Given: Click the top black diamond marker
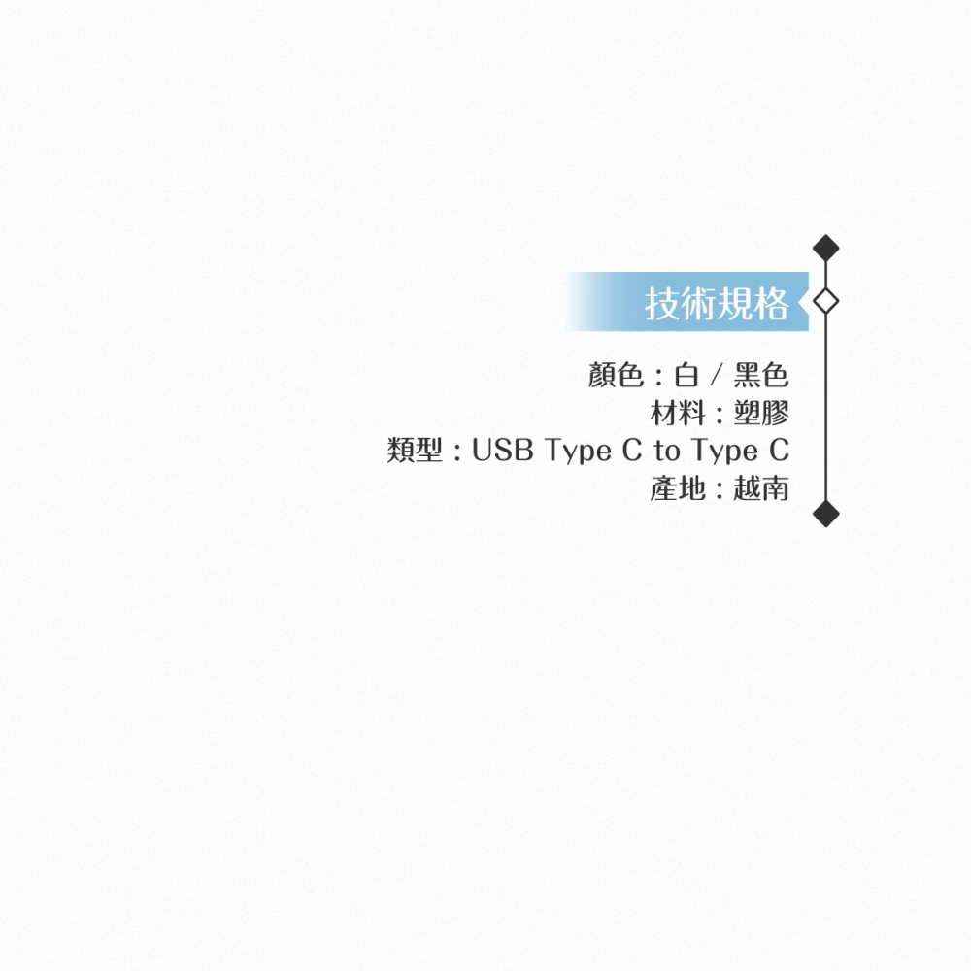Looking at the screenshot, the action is pos(825,249).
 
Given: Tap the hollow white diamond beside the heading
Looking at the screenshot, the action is pos(825,301).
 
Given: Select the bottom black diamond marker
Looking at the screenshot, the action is pos(825,513).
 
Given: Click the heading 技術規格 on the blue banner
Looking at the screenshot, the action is pos(717,305).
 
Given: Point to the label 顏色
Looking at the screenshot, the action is pos(616,375).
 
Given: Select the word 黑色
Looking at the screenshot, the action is pos(761,375).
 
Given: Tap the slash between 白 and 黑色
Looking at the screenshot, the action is pos(717,375).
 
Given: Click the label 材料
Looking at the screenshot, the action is pos(678,414).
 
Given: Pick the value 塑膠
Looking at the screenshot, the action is pos(761,414).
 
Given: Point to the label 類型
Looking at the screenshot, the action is pos(415,451).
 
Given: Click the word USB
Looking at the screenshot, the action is pos(503,451).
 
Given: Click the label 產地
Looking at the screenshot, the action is pos(678,489).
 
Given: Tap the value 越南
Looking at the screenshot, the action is pos(761,489).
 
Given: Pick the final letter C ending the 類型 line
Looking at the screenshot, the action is pos(779,451).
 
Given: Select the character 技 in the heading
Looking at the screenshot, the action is pos(662,305).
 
